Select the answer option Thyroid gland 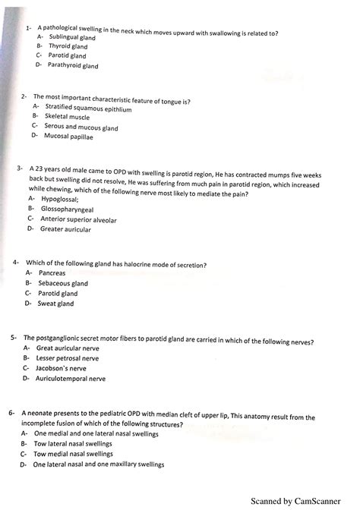point(68,46)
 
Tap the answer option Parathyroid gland point(74,66)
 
